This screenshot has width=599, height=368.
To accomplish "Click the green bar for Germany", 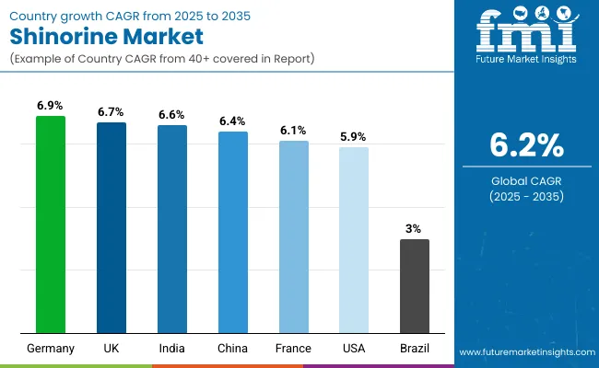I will (x=51, y=224).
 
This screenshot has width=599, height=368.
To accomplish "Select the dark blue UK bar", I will (x=112, y=227).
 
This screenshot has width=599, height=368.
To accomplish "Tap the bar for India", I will (x=172, y=229).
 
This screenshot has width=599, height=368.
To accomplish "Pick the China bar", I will (x=233, y=232).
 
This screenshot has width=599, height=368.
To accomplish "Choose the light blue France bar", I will (x=294, y=236).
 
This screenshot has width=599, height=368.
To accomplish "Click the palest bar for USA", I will (x=354, y=240).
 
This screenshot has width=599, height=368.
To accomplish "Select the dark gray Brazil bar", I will (x=415, y=286).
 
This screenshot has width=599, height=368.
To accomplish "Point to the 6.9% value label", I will (x=51, y=106).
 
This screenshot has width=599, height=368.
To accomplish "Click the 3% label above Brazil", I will (x=415, y=228).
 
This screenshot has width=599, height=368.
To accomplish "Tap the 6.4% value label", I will (x=233, y=121).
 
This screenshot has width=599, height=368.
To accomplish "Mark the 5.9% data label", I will (x=354, y=136).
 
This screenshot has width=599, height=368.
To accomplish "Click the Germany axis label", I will (x=51, y=349).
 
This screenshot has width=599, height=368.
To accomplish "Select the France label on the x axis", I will (x=294, y=349).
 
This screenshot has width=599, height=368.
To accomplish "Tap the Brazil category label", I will (x=415, y=349).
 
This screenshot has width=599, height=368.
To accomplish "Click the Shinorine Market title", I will (x=107, y=40).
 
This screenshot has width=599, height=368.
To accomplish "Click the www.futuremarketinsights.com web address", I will (x=523, y=352).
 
